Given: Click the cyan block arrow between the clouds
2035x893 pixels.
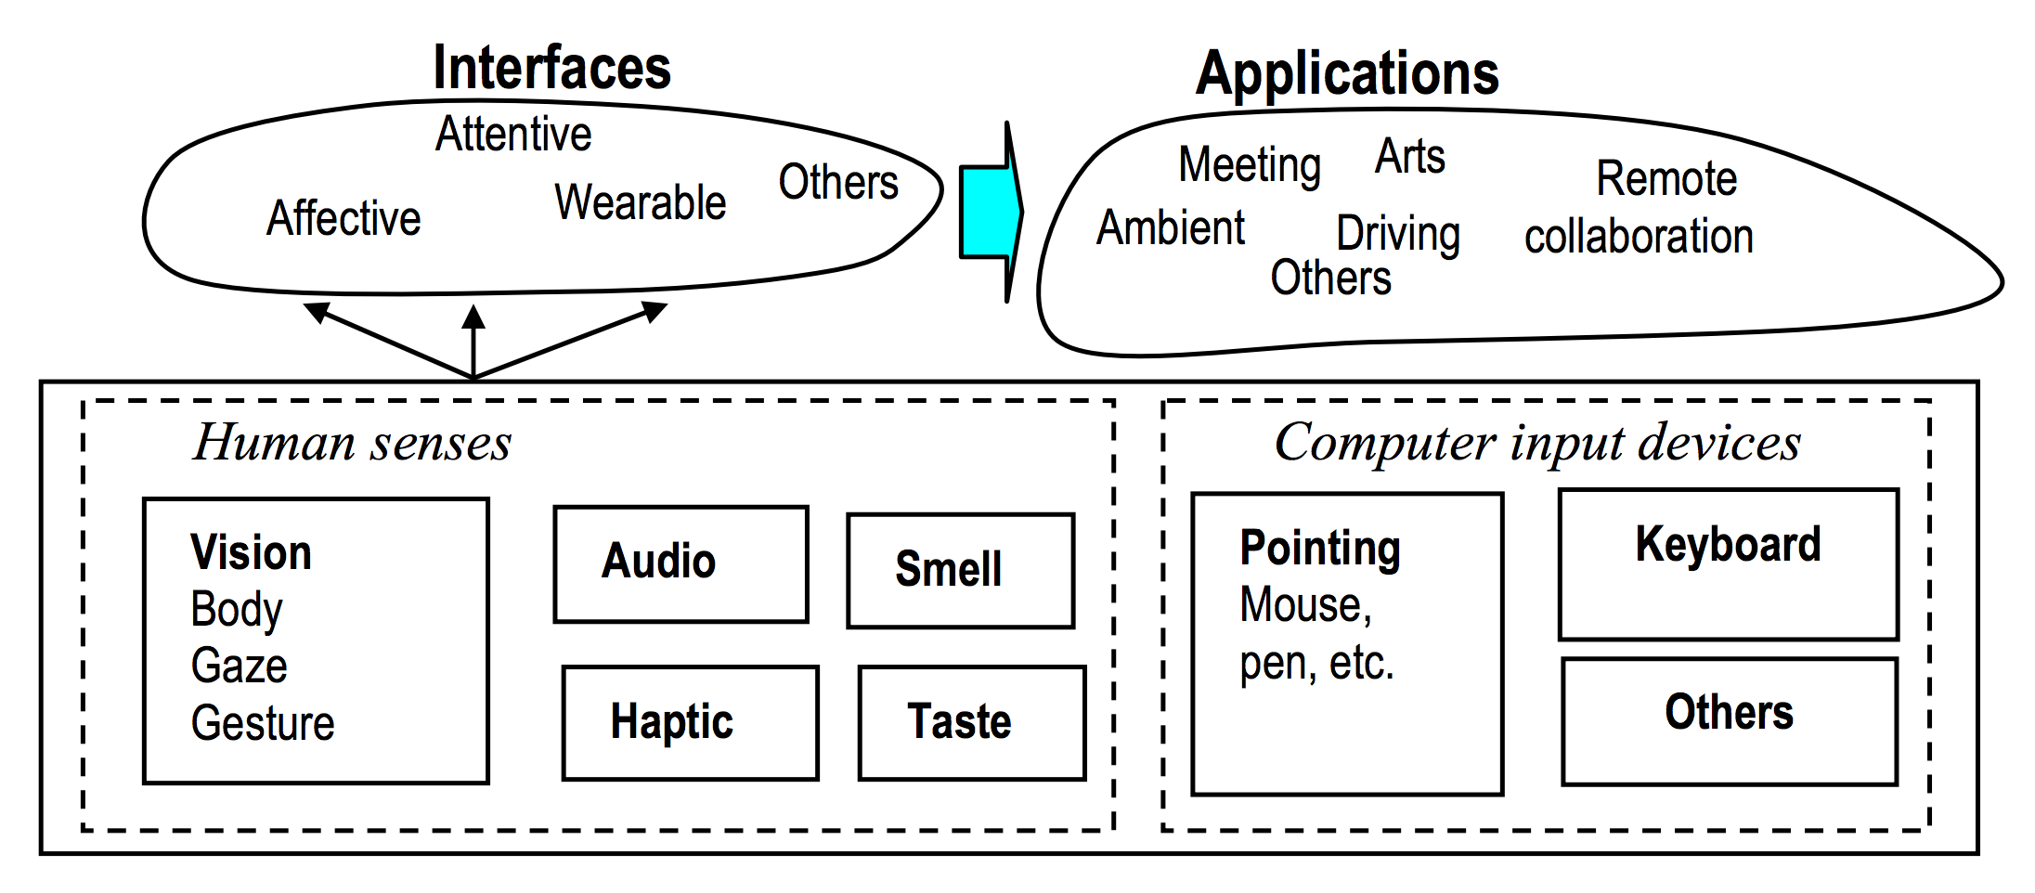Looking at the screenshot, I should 990,212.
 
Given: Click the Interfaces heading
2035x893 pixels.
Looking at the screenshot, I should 551,68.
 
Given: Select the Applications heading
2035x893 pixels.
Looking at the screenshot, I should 1346,73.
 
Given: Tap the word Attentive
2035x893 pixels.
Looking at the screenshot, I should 513,134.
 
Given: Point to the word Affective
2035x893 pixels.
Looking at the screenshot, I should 343,218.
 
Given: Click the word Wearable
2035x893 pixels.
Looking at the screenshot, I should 640,202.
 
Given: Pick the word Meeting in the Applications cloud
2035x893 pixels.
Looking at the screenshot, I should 1249,165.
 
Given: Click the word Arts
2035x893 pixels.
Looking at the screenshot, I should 1409,156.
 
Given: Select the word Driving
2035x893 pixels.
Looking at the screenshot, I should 1397,233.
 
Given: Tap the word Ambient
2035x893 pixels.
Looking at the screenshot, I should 1170,227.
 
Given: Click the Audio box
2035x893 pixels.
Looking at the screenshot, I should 680,563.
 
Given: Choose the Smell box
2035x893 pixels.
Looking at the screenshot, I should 960,570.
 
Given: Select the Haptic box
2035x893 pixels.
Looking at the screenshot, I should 690,722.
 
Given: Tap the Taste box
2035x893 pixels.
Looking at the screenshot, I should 971,722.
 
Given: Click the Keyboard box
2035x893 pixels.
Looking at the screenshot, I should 1728,563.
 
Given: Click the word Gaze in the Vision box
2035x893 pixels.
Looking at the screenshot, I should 239,666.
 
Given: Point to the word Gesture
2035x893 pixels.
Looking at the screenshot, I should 262,723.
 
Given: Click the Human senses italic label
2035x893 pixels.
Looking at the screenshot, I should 352,442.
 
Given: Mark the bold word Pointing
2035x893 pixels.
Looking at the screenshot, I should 1320,548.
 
